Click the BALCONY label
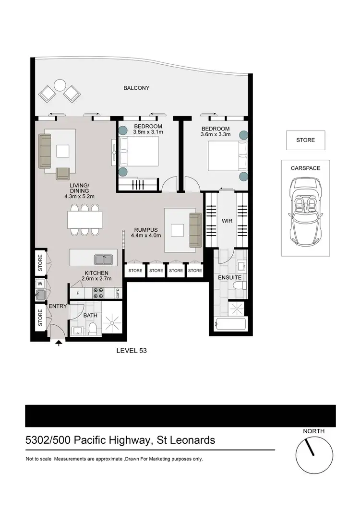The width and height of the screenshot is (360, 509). click(136, 88)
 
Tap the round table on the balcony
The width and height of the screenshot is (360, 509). click(60, 85)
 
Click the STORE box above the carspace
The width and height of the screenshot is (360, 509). click(305, 140)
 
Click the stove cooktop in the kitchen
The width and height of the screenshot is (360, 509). click(98, 293)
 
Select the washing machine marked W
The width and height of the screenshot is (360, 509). click(40, 283)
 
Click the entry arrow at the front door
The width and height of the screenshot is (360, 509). click(59, 343)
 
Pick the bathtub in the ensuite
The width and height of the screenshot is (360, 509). click(230, 324)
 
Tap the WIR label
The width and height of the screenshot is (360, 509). click(227, 221)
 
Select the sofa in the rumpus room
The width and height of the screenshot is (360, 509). click(195, 230)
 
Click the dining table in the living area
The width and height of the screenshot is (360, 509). click(84, 220)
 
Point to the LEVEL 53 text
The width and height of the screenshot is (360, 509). click(132, 351)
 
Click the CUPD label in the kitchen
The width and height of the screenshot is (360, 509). click(117, 293)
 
